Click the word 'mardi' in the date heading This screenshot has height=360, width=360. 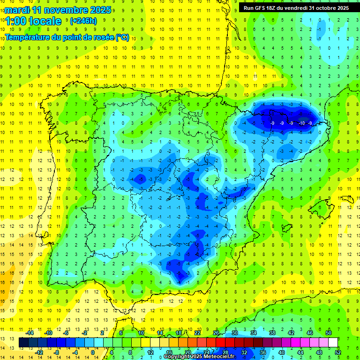(16, 10)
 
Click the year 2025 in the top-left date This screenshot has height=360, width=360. (100, 10)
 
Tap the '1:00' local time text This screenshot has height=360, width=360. (16, 21)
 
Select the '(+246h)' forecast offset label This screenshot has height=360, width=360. (83, 21)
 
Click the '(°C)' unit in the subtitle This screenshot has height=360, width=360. (122, 37)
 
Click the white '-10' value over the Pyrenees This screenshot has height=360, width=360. (301, 123)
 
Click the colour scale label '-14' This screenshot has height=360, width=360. (30, 333)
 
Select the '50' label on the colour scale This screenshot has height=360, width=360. (329, 333)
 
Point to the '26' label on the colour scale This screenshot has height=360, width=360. (216, 333)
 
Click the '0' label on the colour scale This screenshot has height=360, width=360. (92, 352)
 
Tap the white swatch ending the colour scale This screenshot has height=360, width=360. (333, 343)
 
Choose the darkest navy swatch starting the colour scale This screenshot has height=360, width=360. (23, 343)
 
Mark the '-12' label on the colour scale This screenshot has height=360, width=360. (39, 352)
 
